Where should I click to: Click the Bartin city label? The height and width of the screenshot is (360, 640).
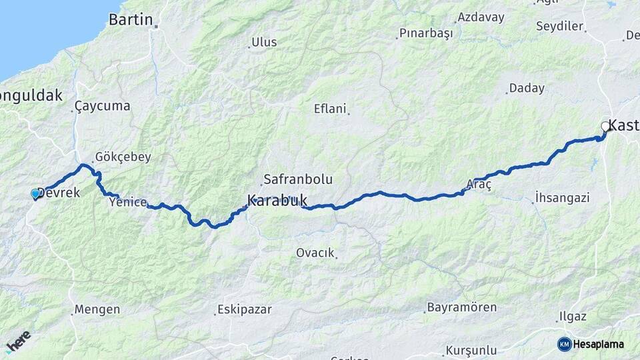(131, 19)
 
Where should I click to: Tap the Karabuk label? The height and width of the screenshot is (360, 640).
(277, 199)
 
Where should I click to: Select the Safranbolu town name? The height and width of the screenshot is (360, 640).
(297, 179)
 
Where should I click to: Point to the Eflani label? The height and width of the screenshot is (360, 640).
(331, 109)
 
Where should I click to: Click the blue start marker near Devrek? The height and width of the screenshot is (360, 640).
(35, 193)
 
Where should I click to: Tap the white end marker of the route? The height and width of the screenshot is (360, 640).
(605, 126)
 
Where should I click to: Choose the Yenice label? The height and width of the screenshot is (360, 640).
(127, 202)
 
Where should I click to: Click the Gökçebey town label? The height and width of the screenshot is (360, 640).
(123, 157)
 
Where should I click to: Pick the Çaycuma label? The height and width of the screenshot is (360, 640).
(102, 106)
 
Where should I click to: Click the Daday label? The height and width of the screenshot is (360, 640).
(527, 88)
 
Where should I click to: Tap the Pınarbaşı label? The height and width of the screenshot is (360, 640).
(426, 33)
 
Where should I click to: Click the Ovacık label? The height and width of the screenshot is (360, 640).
(315, 253)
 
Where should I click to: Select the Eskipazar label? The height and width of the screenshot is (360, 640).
(242, 310)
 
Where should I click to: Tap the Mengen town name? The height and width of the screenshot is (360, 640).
(97, 309)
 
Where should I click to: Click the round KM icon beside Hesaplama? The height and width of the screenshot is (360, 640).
(564, 344)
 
